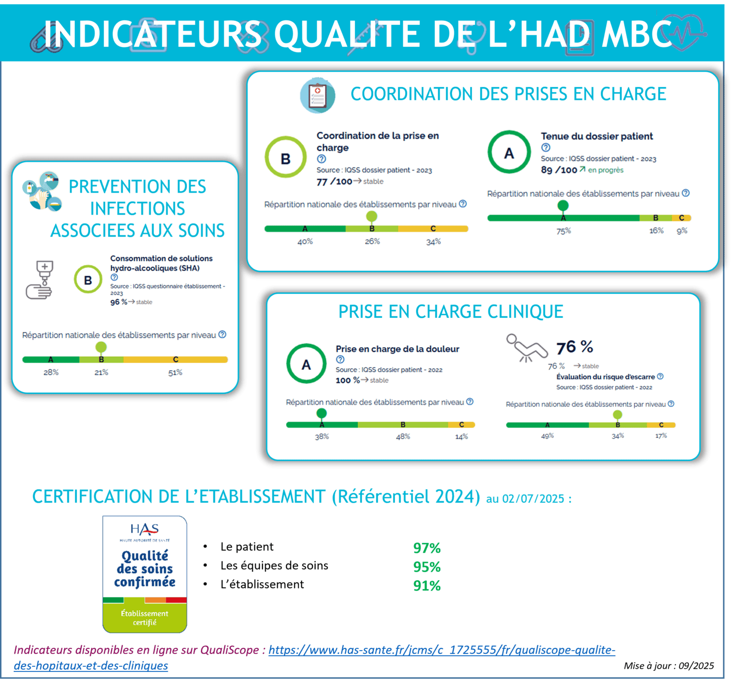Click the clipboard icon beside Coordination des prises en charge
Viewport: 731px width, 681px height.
(x=317, y=95)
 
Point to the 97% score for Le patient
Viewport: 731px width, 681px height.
(x=427, y=548)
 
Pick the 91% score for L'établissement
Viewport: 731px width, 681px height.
(x=427, y=586)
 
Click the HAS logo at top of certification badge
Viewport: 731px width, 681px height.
(x=144, y=532)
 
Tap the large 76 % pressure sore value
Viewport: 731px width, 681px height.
(x=575, y=347)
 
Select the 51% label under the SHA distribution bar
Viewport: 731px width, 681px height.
(x=175, y=373)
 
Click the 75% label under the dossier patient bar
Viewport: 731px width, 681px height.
(x=563, y=231)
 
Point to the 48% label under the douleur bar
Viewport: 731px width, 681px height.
(x=403, y=436)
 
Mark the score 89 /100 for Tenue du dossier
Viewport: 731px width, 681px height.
(x=559, y=170)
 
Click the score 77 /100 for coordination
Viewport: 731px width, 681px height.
(x=334, y=182)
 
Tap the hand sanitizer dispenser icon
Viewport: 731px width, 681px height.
(x=40, y=280)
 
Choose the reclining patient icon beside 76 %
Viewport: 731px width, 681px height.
(x=527, y=348)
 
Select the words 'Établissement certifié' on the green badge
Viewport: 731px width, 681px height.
(x=144, y=618)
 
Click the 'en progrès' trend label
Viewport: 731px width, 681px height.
(x=606, y=170)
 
